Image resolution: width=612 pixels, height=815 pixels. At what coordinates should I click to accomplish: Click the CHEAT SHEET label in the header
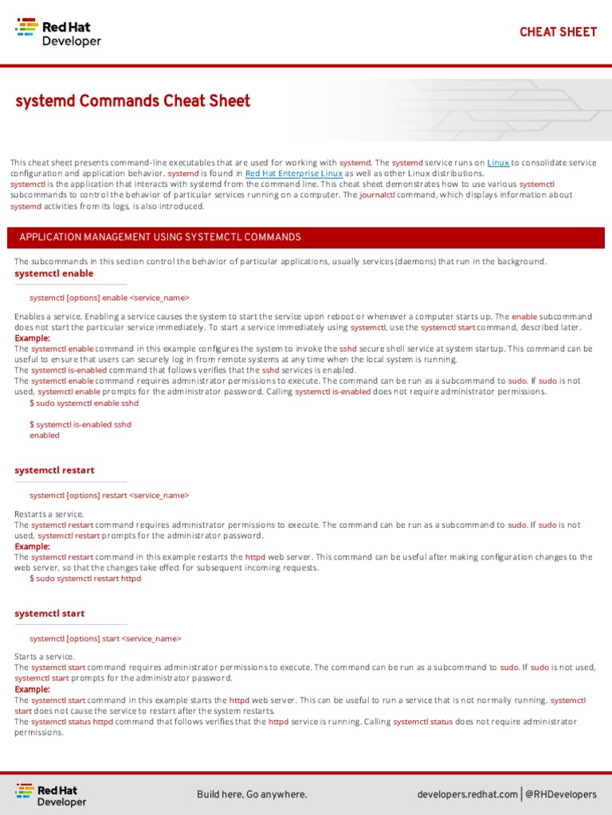click(x=558, y=32)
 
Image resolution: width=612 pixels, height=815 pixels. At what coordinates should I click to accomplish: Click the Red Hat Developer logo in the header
click(x=58, y=33)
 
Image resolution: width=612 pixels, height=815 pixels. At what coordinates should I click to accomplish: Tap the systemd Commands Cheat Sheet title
click(x=132, y=101)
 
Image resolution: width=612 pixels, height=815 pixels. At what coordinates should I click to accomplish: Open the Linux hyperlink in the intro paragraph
click(x=498, y=162)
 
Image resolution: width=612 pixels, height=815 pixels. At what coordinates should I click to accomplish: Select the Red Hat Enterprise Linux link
click(x=294, y=173)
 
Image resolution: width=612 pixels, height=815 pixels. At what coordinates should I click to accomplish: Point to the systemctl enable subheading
click(x=54, y=273)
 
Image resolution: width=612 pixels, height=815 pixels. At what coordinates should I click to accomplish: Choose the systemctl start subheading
click(x=49, y=614)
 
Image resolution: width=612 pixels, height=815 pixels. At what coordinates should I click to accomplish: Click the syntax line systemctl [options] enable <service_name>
click(x=109, y=298)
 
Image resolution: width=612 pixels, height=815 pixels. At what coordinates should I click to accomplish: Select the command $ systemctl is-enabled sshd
click(x=80, y=424)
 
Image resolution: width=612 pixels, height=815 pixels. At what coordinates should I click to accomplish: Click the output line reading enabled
click(x=45, y=435)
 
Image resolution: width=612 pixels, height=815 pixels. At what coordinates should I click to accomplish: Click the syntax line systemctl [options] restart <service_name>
click(x=109, y=495)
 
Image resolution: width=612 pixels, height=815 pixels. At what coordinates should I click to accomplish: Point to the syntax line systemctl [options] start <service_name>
click(x=105, y=638)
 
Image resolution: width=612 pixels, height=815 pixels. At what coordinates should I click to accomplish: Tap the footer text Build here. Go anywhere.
click(x=252, y=794)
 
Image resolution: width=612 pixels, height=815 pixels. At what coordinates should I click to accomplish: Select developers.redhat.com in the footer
click(x=467, y=794)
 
